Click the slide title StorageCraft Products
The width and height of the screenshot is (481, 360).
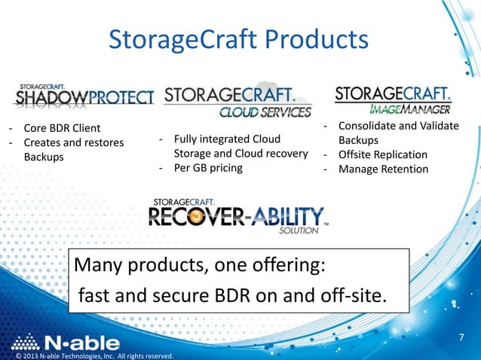pos(238,40)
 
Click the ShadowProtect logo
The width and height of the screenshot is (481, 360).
pos(83,96)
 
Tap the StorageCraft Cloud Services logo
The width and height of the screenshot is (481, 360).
pos(237,100)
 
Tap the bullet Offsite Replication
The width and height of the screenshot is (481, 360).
pos(382,154)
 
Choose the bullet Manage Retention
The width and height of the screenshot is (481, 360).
pos(382,169)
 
